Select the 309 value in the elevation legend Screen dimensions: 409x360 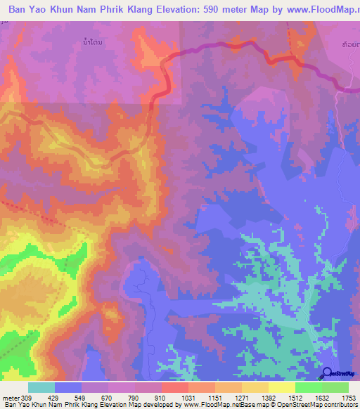27,397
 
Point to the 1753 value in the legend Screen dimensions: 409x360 349,397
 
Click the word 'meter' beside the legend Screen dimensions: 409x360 9,397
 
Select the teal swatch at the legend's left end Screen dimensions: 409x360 41,387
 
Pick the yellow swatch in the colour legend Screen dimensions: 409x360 281,387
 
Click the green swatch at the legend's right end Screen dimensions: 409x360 335,387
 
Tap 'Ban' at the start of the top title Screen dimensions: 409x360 20,11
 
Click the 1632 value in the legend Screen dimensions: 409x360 322,397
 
